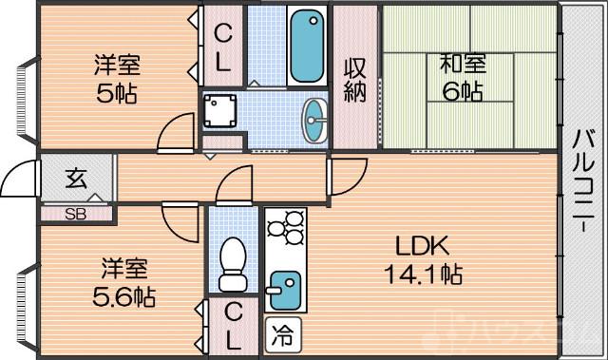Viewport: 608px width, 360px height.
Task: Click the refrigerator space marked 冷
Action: pos(282,333)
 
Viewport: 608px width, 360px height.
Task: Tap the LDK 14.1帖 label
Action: pos(423,260)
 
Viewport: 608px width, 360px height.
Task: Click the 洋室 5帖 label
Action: pos(116,80)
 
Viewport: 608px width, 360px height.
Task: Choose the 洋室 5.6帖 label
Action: pos(123,281)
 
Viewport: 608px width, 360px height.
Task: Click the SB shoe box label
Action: pos(74,214)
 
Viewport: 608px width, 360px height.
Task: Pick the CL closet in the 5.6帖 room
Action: pos(233,324)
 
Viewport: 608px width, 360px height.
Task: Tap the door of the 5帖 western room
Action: pos(175,134)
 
